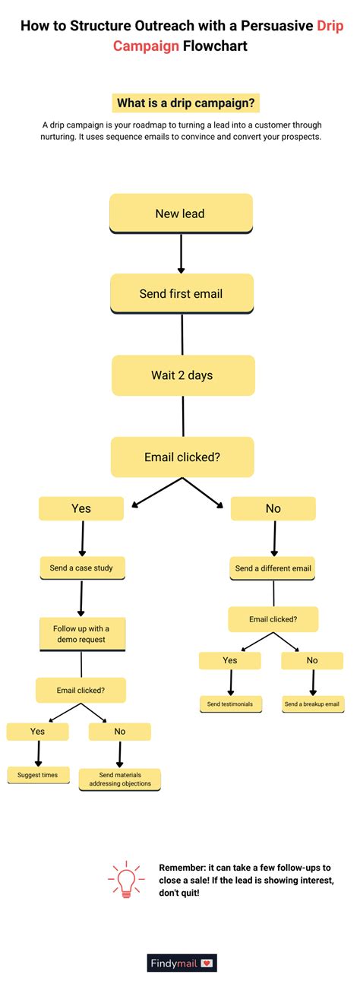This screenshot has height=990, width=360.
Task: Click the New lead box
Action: [180, 213]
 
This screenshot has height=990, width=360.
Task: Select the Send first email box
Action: [181, 294]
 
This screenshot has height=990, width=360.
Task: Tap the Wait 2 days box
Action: [182, 375]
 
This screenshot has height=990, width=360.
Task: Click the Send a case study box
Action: [81, 568]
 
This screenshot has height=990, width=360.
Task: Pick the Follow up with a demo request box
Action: [81, 634]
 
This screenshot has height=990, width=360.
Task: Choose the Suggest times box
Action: [38, 774]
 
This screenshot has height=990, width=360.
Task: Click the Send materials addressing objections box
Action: [120, 778]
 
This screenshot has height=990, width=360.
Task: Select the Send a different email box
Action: [273, 568]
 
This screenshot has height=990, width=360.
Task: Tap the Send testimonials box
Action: [230, 704]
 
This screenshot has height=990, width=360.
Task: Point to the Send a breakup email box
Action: [313, 704]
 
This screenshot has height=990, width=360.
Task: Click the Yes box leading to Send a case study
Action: [81, 508]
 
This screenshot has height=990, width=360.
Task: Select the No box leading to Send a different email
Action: [273, 508]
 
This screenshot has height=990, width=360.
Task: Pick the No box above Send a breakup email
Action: [312, 660]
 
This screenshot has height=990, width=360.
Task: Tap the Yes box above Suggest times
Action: [37, 731]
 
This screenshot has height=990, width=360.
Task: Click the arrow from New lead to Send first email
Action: [181, 254]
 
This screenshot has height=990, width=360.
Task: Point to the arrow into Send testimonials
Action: [230, 682]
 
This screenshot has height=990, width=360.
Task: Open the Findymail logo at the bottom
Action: [182, 963]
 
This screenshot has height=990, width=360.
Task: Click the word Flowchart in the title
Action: [215, 46]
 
